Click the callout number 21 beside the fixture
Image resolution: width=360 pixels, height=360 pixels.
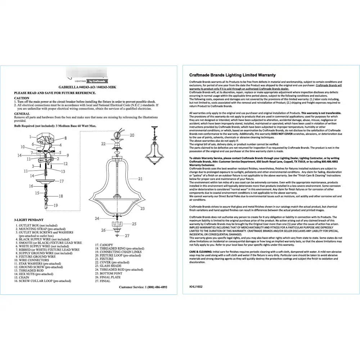coord(140,179)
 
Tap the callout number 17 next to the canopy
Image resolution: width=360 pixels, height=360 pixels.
coord(62,181)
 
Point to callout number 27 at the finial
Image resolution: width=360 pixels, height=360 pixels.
coord(127,236)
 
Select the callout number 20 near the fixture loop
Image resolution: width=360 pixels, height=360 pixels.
coord(132,135)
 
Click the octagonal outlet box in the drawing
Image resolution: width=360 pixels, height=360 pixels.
coord(46,139)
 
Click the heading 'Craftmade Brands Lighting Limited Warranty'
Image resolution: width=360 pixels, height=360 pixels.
coord(233,75)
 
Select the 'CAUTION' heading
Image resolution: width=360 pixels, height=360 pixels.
coord(22,98)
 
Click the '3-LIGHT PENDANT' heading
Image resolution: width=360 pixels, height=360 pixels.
coord(29,220)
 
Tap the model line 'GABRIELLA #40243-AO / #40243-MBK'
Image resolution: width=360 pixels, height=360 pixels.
coord(87,87)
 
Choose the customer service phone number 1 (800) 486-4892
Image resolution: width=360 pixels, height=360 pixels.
coord(156,287)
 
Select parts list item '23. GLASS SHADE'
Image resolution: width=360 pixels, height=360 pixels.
coord(108,266)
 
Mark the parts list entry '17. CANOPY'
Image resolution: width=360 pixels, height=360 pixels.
coord(104,245)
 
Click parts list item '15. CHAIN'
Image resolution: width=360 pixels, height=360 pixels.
coord(22,278)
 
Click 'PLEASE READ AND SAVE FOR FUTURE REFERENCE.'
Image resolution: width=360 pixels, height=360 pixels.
coord(55,93)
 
